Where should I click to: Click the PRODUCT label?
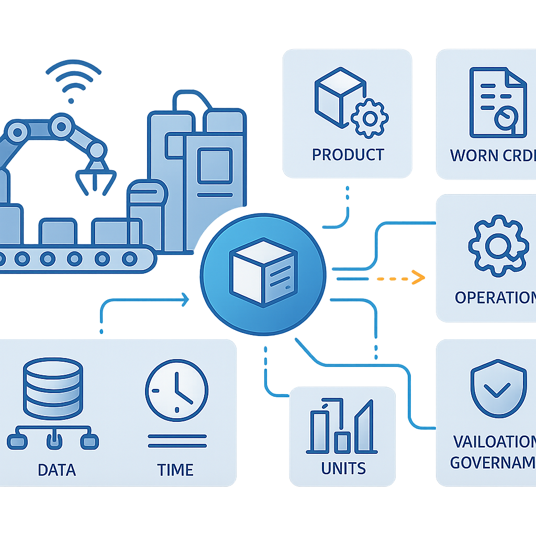[x=348, y=154]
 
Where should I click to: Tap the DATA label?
[x=57, y=469]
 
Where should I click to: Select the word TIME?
[x=175, y=469]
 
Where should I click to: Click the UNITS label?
[x=343, y=467]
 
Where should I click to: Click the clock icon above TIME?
[x=176, y=389]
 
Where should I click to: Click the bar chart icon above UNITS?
[x=342, y=426]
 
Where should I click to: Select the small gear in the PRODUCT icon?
[x=370, y=119]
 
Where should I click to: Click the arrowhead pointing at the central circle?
[x=185, y=299]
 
